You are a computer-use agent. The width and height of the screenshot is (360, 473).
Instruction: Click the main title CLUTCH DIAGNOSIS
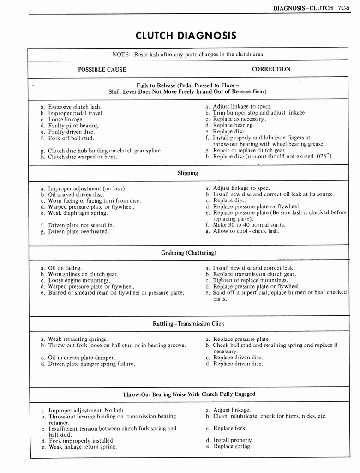(186, 36)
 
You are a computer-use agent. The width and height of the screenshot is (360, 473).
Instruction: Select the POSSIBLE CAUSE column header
(102, 69)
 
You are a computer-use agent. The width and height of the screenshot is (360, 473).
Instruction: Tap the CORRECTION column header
(271, 69)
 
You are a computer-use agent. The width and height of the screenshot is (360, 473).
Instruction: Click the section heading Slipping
(187, 173)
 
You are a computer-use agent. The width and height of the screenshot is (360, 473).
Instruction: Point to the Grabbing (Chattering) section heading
(188, 253)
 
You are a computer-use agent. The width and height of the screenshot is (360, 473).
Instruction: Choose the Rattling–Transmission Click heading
(188, 324)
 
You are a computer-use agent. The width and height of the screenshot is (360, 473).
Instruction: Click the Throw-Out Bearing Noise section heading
(189, 394)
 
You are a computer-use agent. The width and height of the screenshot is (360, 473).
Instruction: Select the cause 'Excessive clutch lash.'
(75, 107)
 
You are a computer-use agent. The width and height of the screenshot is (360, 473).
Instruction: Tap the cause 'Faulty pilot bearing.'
(73, 125)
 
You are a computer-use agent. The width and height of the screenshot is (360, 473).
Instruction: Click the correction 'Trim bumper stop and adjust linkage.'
(259, 113)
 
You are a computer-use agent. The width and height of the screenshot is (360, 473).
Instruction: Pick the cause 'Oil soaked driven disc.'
(76, 194)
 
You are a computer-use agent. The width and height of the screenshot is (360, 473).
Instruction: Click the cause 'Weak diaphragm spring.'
(78, 213)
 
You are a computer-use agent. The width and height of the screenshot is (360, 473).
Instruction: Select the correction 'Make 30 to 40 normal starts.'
(249, 225)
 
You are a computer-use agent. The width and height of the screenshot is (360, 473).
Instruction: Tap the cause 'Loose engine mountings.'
(79, 280)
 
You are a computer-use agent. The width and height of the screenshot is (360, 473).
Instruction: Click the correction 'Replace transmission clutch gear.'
(254, 274)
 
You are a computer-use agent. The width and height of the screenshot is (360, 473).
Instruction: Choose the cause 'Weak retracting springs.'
(78, 339)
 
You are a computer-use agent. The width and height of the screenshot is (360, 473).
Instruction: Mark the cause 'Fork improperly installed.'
(81, 440)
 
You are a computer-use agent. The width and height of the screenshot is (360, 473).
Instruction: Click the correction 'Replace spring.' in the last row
(232, 446)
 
